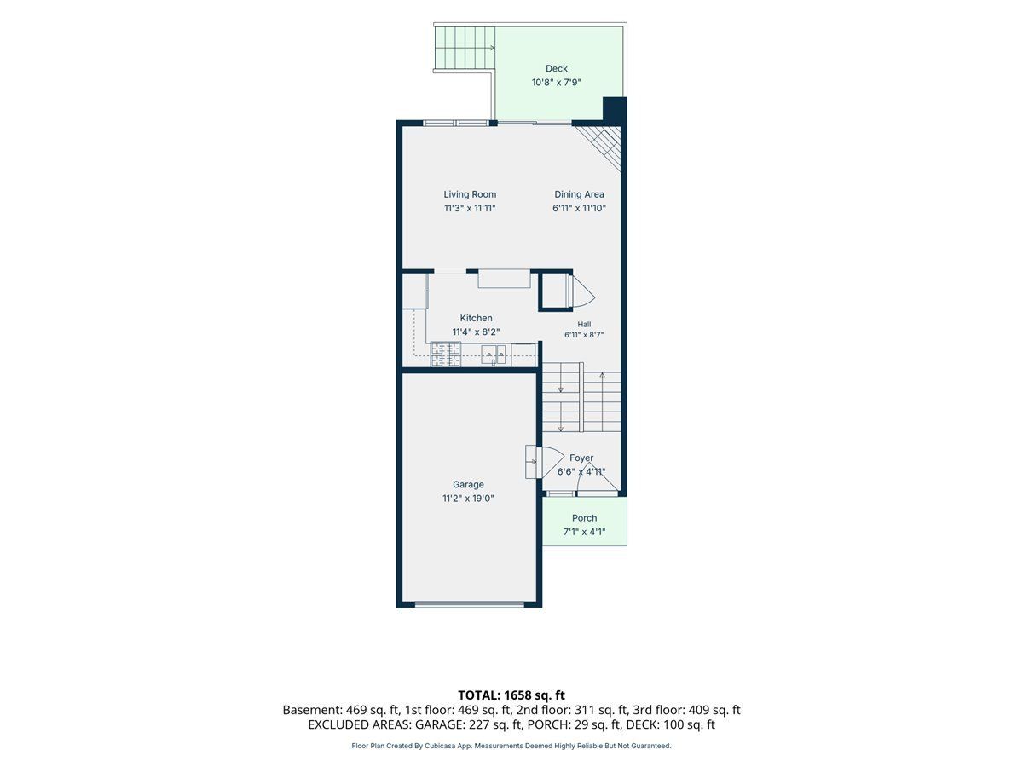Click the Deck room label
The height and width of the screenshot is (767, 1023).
(556, 68)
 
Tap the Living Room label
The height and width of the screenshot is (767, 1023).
(470, 194)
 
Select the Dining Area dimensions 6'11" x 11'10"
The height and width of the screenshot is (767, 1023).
(579, 208)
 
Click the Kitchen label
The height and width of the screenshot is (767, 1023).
(476, 318)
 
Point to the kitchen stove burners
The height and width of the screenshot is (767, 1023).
(446, 354)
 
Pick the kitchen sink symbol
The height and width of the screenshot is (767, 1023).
(494, 355)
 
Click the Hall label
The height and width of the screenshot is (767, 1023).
(584, 324)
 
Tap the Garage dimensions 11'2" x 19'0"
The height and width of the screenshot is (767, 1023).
(468, 499)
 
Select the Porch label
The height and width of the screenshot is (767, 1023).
(584, 518)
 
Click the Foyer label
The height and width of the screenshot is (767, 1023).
(581, 458)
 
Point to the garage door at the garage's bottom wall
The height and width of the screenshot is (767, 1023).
(470, 604)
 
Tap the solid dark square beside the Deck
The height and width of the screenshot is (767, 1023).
(615, 110)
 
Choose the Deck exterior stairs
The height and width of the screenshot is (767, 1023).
(465, 48)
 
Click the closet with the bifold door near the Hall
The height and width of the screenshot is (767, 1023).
(555, 291)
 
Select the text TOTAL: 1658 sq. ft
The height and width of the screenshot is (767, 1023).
(511, 695)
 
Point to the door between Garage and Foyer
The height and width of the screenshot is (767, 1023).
(538, 462)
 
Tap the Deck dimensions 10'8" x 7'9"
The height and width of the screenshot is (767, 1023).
(556, 83)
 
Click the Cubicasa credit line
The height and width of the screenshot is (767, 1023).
(511, 746)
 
